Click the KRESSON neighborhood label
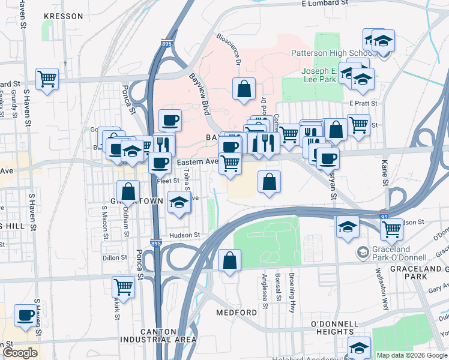[x=63, y=16]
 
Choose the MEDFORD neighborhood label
[x=237, y=313]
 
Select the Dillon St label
[x=115, y=257]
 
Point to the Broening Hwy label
[x=292, y=301]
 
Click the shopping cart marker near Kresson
[x=47, y=79]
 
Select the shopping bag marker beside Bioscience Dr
[x=244, y=89]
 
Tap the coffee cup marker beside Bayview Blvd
[x=170, y=121]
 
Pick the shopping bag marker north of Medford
[x=229, y=260]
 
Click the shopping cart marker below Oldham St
[x=123, y=287]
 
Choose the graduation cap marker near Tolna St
[x=178, y=202]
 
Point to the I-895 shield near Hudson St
[x=155, y=244]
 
